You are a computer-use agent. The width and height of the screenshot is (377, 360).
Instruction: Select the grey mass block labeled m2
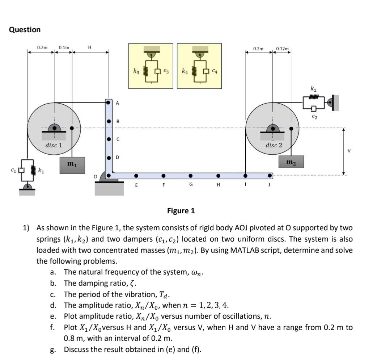(291, 162)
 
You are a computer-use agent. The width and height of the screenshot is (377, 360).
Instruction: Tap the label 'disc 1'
(54, 145)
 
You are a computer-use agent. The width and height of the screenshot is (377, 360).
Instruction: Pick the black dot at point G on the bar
(190, 176)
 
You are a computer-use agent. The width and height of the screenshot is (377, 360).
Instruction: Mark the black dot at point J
(270, 176)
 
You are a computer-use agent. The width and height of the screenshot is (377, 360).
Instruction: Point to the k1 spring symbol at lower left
(35, 169)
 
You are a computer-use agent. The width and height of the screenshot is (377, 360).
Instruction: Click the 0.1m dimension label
(64, 47)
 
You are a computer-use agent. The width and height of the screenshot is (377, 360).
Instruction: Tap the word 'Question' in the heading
(25, 30)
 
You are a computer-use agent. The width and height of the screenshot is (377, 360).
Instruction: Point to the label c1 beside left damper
(13, 169)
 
